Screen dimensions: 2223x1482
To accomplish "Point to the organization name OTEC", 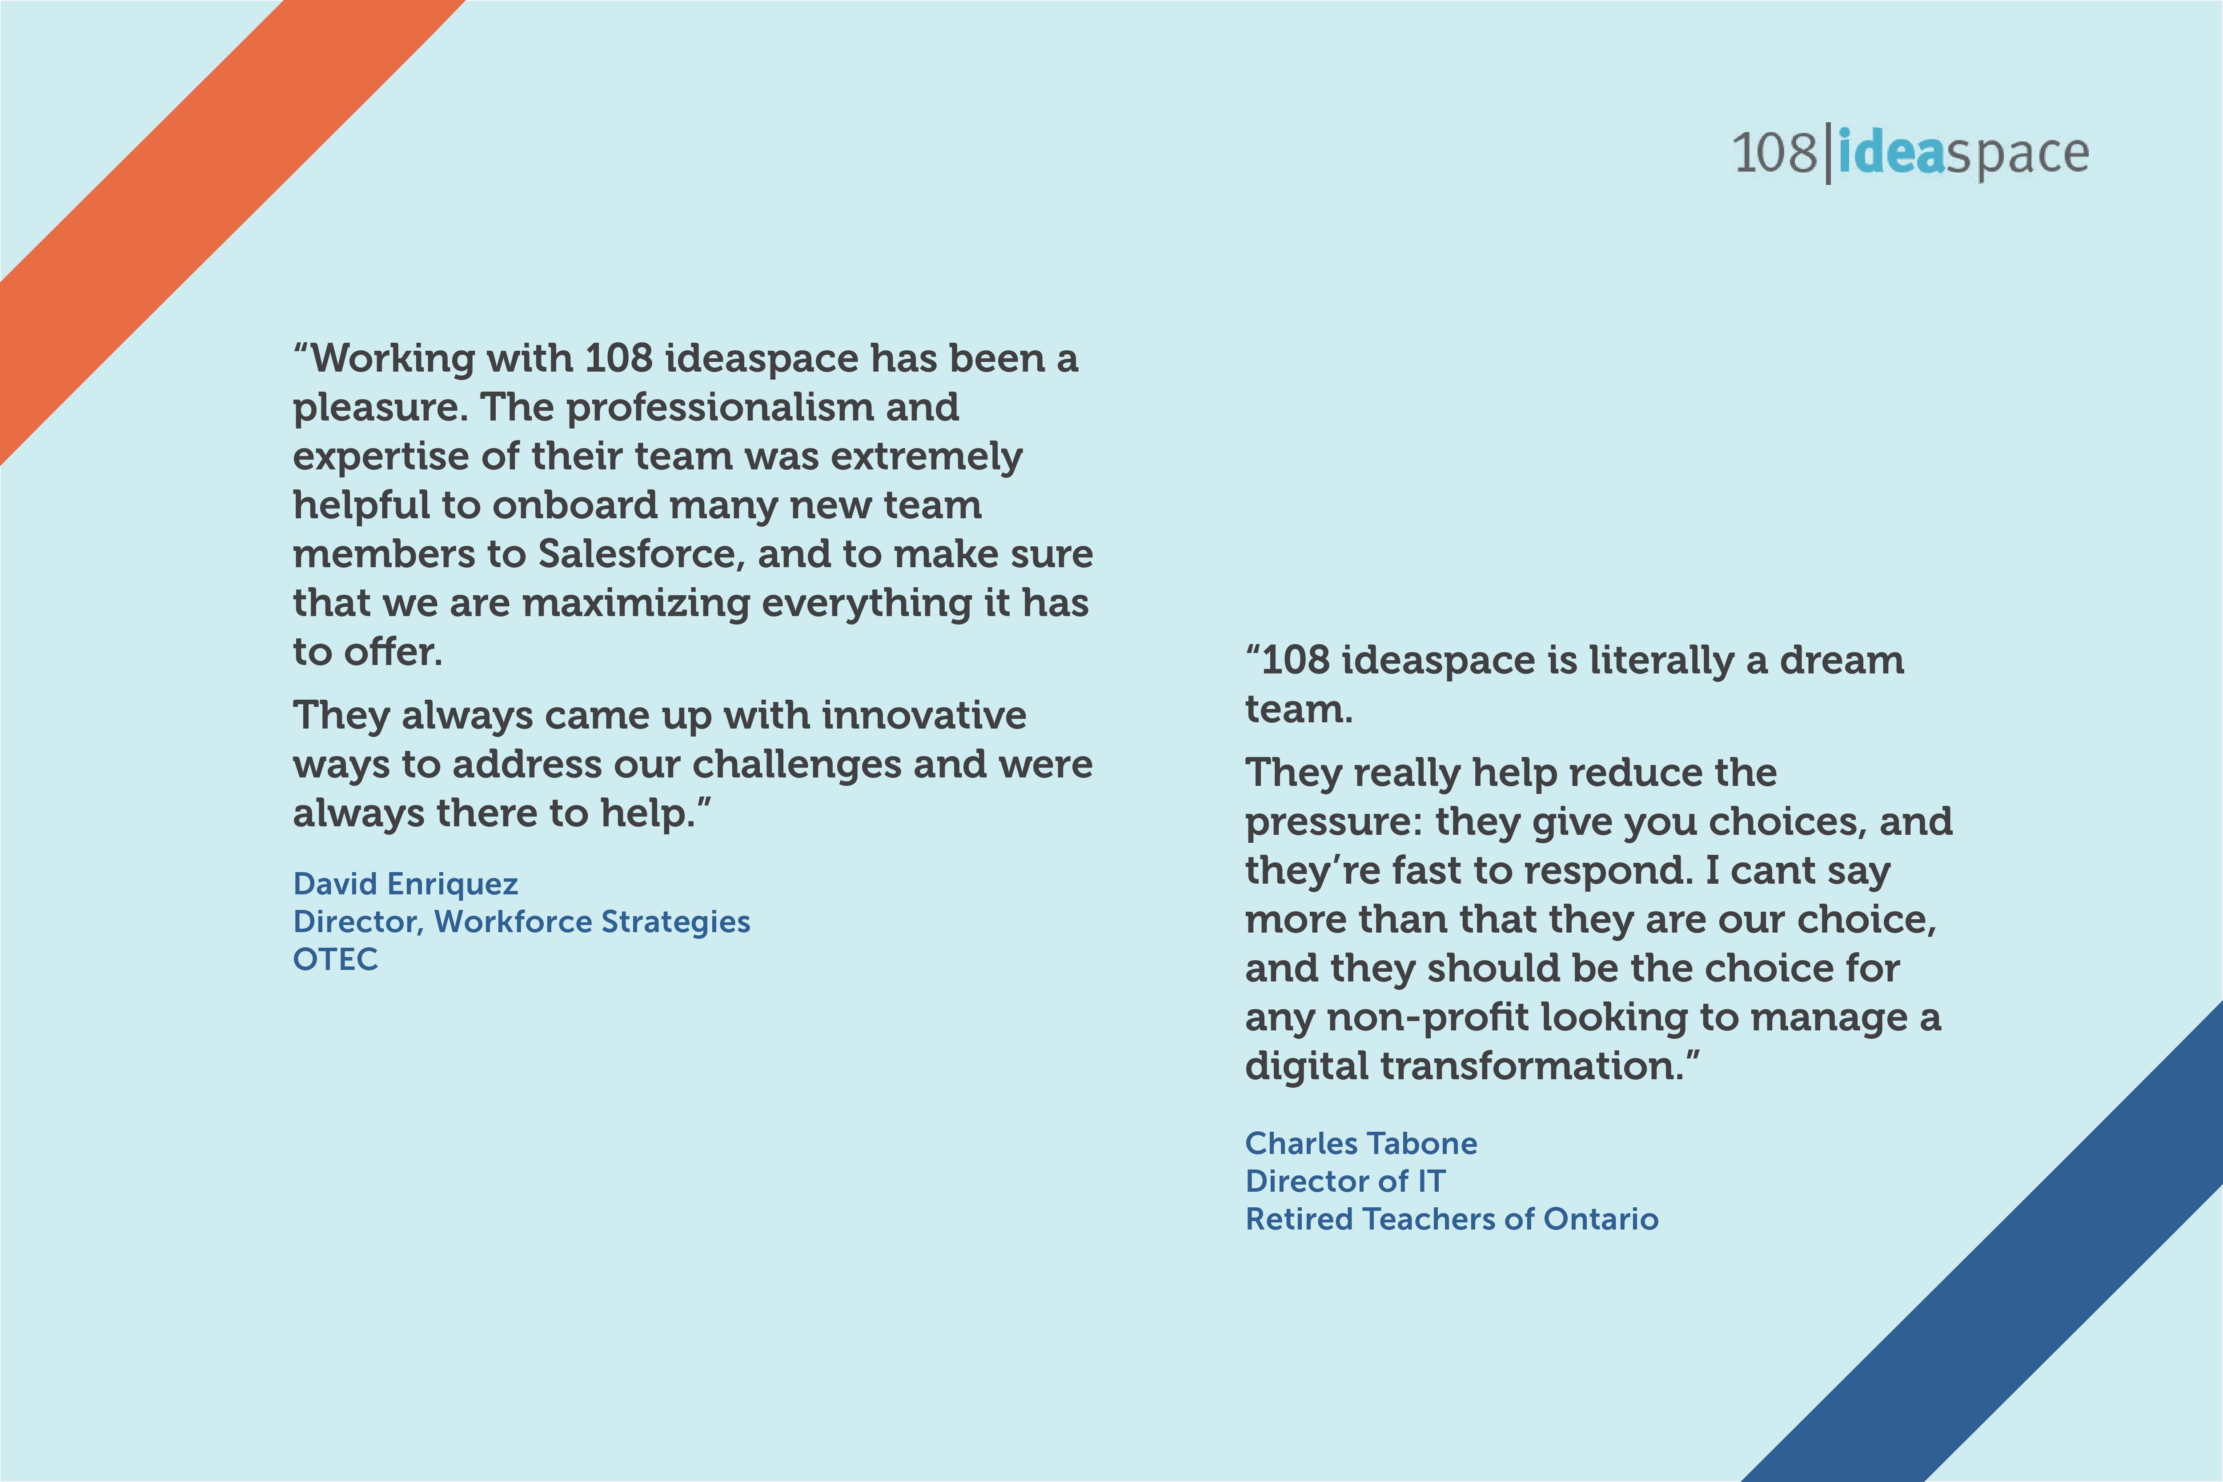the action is click(336, 959).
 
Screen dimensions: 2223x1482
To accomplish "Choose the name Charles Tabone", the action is click(1361, 1144).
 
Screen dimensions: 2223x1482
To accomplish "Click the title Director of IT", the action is click(1345, 1182).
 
